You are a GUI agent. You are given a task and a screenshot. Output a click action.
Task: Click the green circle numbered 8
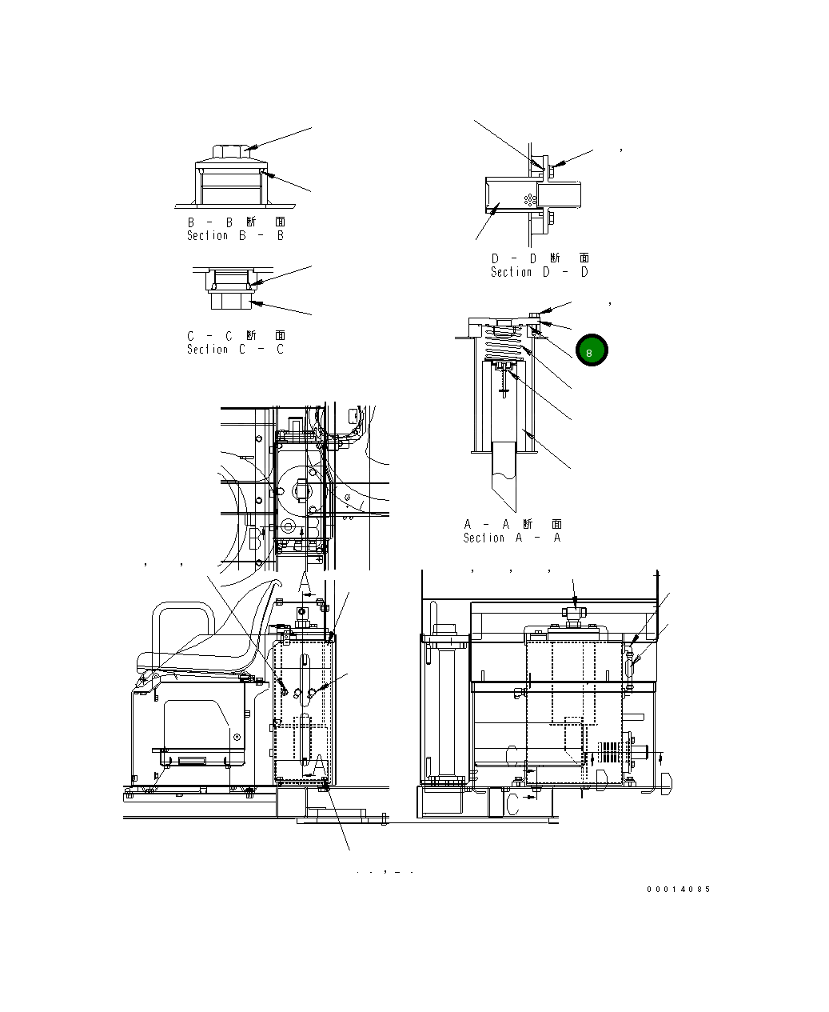click(592, 350)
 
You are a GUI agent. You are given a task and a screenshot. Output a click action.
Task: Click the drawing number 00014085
click(678, 889)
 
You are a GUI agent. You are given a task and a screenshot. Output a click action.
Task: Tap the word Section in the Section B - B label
click(207, 236)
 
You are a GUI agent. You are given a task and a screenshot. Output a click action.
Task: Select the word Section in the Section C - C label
click(207, 350)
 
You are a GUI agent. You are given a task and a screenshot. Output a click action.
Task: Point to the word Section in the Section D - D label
click(511, 272)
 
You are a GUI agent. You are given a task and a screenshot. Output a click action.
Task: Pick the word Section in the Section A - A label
click(484, 538)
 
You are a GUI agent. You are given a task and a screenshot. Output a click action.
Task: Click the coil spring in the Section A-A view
click(504, 342)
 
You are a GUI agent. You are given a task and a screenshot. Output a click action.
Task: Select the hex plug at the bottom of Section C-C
click(231, 301)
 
